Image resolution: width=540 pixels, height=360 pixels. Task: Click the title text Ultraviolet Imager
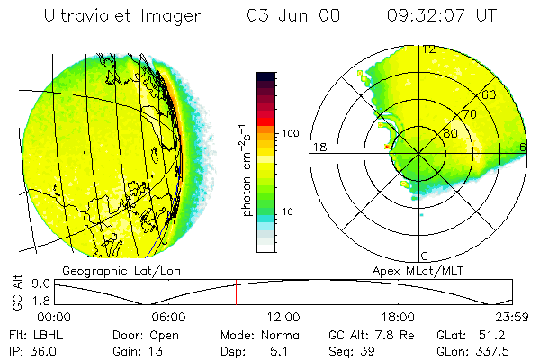tap(122, 15)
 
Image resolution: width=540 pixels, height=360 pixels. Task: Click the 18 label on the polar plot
tap(318, 147)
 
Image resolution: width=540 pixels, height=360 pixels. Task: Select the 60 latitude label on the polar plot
tap(489, 94)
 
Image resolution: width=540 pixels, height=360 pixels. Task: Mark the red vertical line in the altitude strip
tap(236, 292)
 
